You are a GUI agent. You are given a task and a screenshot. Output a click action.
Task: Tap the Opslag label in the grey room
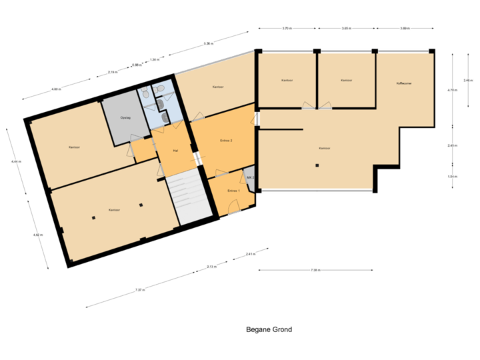125,118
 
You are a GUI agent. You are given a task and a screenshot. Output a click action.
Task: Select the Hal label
175,151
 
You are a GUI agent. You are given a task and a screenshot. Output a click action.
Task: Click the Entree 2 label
226,140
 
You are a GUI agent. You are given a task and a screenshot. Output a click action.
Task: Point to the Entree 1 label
233,191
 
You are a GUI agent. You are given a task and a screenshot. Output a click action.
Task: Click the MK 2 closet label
250,178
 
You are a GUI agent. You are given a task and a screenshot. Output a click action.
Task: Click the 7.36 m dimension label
315,270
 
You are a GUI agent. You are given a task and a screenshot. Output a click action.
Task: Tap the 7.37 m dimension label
139,290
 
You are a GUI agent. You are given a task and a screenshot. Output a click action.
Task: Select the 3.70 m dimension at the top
287,29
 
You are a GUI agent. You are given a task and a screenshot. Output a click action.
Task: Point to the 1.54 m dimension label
452,176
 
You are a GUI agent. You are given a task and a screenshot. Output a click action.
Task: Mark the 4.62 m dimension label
38,235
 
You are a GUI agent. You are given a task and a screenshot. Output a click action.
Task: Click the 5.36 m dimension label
209,44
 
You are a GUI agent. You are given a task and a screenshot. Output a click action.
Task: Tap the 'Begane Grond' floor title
269,329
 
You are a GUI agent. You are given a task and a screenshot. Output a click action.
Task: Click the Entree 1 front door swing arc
234,211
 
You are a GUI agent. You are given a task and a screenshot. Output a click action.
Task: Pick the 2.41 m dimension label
250,254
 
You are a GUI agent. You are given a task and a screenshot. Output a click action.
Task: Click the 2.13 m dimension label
211,267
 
